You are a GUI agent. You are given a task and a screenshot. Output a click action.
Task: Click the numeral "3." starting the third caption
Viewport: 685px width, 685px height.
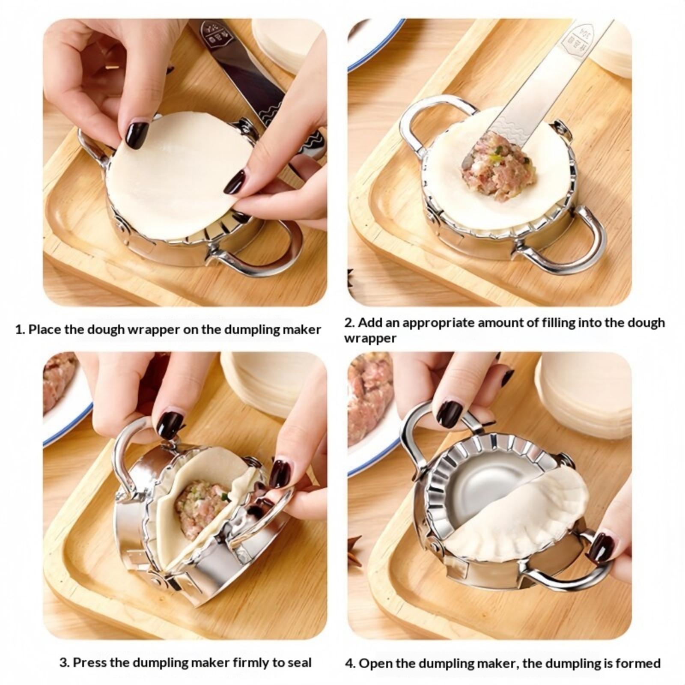(x=64, y=663)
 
